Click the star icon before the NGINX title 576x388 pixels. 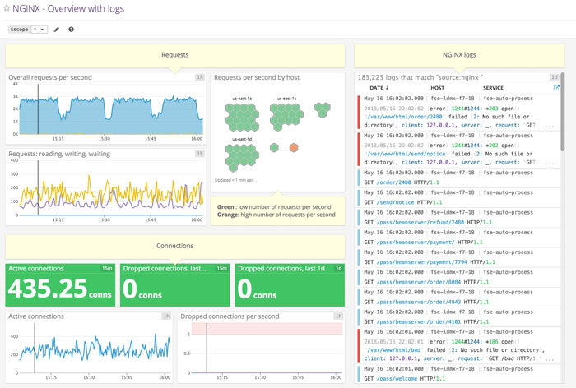[7, 8]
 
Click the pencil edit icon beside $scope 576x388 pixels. [57, 29]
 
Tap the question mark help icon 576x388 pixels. [71, 29]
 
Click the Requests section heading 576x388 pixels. [174, 55]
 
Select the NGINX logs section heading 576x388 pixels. [458, 55]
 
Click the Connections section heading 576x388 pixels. [174, 245]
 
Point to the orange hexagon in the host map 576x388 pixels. [295, 148]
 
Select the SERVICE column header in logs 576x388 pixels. [494, 87]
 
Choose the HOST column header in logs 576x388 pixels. [437, 87]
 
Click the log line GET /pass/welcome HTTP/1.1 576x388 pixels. [406, 380]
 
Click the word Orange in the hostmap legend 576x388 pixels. [227, 215]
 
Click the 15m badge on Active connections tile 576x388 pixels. [107, 268]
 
